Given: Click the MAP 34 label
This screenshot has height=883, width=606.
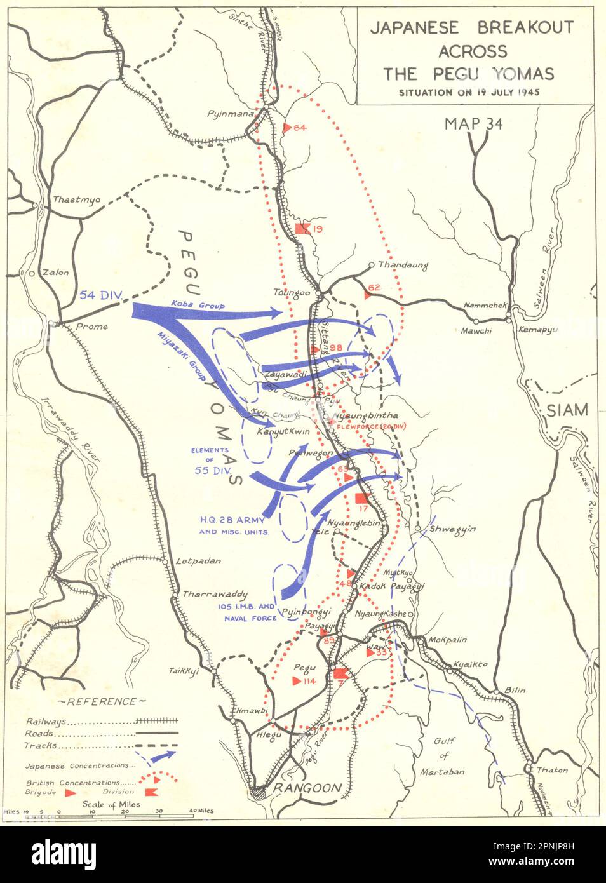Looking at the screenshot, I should [473, 124].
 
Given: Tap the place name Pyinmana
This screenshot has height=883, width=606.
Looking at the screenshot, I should [230, 114].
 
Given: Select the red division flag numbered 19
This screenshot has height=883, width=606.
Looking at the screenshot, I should [302, 229].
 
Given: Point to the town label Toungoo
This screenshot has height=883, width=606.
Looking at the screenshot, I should [291, 292].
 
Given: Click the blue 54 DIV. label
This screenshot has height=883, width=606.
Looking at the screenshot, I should [101, 295].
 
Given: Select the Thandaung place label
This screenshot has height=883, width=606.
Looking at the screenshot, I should [403, 266].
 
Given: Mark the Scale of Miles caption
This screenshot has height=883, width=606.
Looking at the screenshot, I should [111, 804].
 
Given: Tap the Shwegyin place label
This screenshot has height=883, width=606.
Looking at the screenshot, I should [452, 529].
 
